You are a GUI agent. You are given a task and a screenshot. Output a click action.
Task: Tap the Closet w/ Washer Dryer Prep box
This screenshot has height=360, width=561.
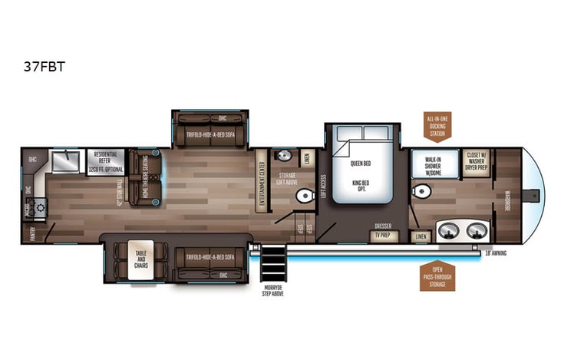pos(476,163)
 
